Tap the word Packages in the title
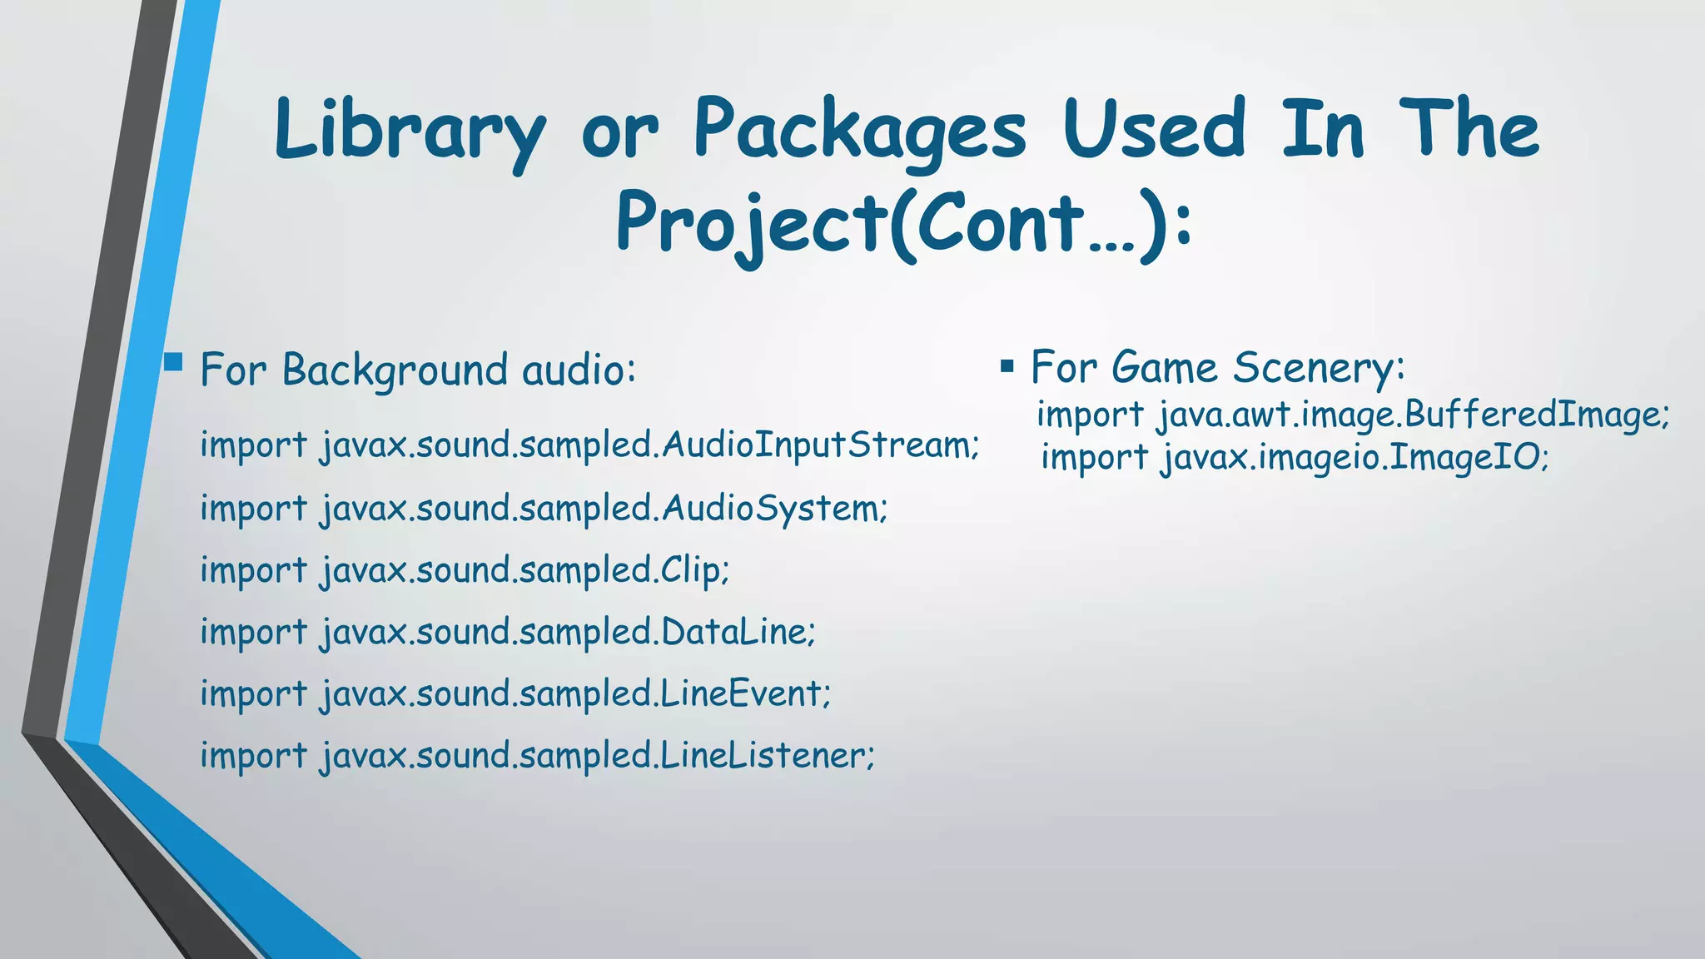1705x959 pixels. click(860, 129)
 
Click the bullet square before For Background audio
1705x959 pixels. click(173, 361)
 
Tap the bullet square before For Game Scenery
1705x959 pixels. click(1007, 366)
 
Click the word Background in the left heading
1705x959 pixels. click(395, 370)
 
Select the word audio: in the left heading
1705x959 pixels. click(579, 370)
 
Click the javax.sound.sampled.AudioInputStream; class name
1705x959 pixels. click(650, 445)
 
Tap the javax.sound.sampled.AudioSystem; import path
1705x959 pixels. click(604, 508)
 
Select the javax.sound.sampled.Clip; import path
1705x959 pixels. click(524, 570)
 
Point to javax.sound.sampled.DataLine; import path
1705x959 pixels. click(568, 632)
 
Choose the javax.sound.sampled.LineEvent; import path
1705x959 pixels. click(575, 693)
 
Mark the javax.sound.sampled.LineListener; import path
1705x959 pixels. click(598, 756)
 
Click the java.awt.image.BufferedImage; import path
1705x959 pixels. click(1413, 415)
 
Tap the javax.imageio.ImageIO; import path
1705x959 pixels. click(1355, 457)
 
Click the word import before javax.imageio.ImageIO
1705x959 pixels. click(1094, 458)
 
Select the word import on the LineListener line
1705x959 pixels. click(254, 756)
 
